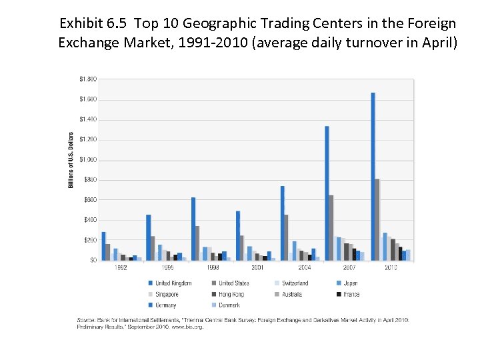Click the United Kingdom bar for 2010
pos(373,177)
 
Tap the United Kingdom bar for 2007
pos(327,193)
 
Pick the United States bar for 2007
pos(331,227)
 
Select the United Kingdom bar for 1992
pos(103,246)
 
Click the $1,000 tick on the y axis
pos(87,160)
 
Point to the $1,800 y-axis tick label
pos(87,79)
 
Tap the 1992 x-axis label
pos(120,268)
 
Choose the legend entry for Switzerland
pos(294,283)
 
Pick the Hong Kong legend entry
pos(231,294)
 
